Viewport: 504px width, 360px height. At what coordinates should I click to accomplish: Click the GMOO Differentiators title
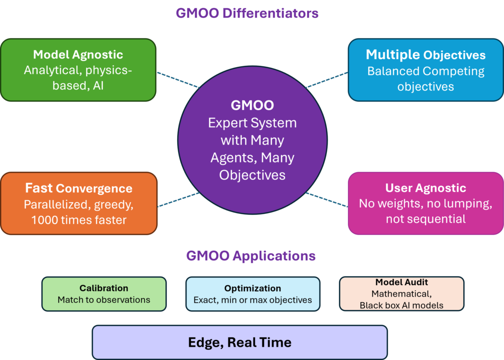(247, 13)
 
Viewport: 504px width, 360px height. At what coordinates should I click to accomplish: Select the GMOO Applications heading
(251, 256)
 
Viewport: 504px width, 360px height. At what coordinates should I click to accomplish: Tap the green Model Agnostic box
(78, 70)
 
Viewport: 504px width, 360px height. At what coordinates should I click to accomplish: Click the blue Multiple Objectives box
(426, 70)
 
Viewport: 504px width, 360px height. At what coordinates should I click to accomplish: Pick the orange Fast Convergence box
(79, 203)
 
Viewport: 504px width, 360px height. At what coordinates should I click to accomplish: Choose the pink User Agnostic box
(426, 203)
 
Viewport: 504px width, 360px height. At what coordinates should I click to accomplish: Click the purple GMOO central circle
(252, 140)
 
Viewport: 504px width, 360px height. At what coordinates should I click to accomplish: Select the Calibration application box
(104, 294)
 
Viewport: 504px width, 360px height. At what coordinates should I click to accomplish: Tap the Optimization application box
(252, 294)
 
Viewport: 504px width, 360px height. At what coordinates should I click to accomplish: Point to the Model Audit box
(402, 294)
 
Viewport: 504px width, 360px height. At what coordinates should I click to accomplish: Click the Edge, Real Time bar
(240, 342)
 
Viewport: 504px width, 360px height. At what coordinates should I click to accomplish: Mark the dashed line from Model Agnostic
(178, 80)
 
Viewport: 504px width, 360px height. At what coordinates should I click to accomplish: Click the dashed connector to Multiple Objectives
(327, 80)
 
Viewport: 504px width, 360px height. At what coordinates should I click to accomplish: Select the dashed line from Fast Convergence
(179, 200)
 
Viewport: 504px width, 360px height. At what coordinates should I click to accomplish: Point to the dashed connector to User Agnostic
(327, 200)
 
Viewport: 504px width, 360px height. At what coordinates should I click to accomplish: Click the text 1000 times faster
(79, 220)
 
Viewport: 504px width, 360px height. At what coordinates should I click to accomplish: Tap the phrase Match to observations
(104, 300)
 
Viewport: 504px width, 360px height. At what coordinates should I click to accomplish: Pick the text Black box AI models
(402, 305)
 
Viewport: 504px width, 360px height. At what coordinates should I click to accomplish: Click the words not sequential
(426, 219)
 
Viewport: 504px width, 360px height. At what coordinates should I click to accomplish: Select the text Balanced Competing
(426, 71)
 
